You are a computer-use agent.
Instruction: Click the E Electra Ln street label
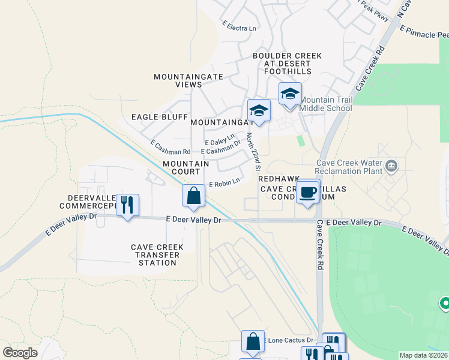tap(239, 28)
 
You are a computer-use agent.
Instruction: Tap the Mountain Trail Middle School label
tap(325, 104)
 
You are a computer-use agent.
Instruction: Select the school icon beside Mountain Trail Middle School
tap(290, 94)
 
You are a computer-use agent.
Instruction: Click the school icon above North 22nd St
tap(259, 110)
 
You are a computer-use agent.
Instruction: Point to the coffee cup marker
tap(308, 192)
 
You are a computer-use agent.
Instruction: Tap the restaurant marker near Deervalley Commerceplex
tap(127, 205)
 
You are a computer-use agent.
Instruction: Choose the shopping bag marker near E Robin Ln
tap(193, 196)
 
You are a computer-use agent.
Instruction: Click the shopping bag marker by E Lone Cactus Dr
tap(253, 341)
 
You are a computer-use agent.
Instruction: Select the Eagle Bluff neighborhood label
tap(158, 117)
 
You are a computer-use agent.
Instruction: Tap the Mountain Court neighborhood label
tap(186, 167)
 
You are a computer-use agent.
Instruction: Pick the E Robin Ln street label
tap(224, 181)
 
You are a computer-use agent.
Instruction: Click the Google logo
tap(20, 352)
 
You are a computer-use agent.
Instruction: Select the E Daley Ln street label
tap(218, 140)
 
